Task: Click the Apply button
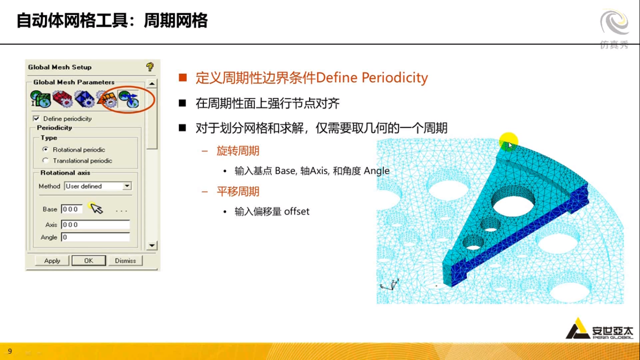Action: (x=52, y=261)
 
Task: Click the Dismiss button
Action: (x=125, y=261)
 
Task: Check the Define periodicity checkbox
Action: (x=37, y=119)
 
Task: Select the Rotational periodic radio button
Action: (x=45, y=150)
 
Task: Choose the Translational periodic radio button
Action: (x=45, y=160)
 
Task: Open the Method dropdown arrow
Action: (x=127, y=186)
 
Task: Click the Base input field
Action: (x=72, y=209)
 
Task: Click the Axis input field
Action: (x=95, y=225)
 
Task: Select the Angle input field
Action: (x=95, y=237)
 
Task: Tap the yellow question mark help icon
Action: (x=149, y=67)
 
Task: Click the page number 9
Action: (x=10, y=351)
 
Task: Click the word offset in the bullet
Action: (x=297, y=211)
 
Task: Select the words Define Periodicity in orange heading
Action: (x=372, y=77)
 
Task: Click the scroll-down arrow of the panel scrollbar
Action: (x=152, y=245)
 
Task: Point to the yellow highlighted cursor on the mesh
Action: (x=508, y=142)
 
